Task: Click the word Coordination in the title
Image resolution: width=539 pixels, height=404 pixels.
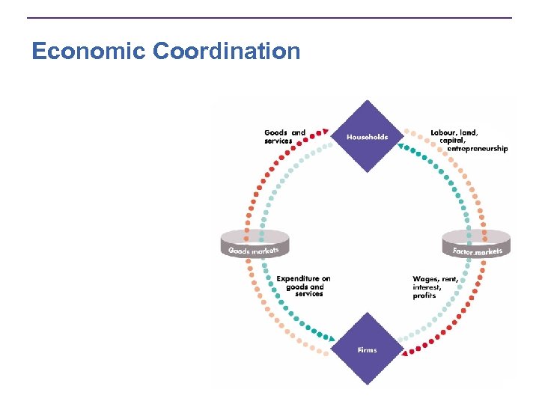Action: click(x=226, y=52)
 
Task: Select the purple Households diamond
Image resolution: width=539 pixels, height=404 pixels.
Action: click(x=367, y=137)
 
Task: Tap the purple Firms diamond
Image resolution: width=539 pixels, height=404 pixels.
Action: click(x=367, y=349)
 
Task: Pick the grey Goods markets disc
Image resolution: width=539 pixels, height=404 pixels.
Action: click(x=254, y=245)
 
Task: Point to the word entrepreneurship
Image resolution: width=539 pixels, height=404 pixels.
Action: click(x=477, y=149)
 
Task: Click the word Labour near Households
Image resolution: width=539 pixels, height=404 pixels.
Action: click(x=444, y=132)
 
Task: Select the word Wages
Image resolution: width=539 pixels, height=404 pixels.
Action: click(x=425, y=279)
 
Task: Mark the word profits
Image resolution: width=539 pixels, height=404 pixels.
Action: click(x=424, y=296)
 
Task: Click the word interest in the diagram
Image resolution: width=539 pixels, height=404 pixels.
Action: click(x=427, y=287)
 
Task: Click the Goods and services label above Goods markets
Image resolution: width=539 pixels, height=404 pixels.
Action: click(x=284, y=137)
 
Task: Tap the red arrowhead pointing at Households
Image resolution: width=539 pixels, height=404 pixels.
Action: click(x=326, y=131)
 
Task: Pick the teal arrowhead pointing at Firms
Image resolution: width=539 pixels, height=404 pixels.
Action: click(x=327, y=337)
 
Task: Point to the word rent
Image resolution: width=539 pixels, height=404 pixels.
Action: click(x=450, y=279)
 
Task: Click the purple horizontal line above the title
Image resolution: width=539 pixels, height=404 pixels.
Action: click(x=269, y=18)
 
